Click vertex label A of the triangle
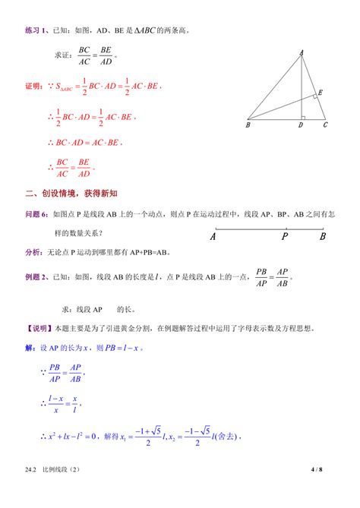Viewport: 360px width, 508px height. pyautogui.click(x=302, y=52)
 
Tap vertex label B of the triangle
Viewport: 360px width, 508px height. pyautogui.click(x=248, y=125)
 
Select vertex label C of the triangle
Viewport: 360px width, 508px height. pyautogui.click(x=325, y=125)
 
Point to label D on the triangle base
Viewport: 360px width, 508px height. pyautogui.click(x=301, y=125)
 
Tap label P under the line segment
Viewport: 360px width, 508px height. pyautogui.click(x=285, y=236)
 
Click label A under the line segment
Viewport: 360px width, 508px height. pyautogui.click(x=213, y=236)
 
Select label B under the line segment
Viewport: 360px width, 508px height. pyautogui.click(x=323, y=236)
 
